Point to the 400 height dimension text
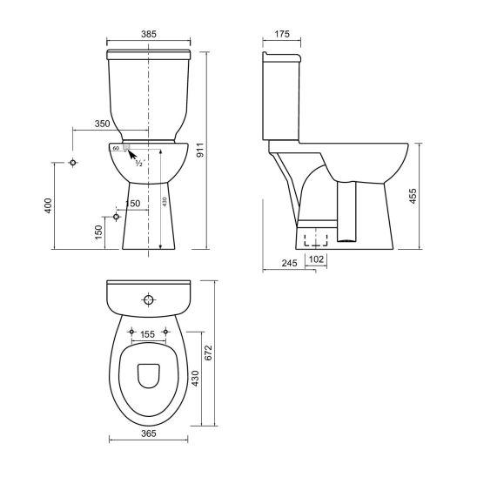(50, 206)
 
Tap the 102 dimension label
(317, 259)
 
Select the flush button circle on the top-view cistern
(149, 301)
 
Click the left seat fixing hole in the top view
(131, 333)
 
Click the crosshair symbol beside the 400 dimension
(74, 163)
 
